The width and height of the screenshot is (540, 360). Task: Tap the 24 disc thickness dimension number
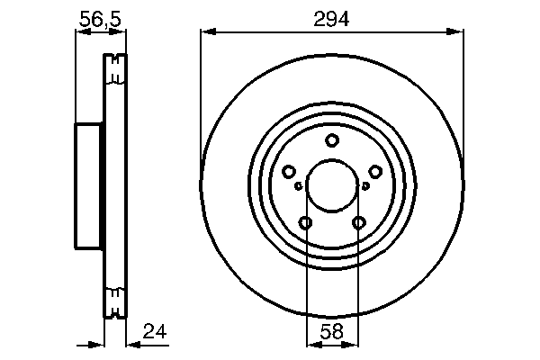click(x=155, y=332)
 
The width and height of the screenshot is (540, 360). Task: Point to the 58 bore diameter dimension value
click(x=332, y=332)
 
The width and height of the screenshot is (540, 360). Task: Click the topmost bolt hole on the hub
click(x=332, y=139)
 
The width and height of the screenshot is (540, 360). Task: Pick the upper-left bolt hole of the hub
click(x=289, y=172)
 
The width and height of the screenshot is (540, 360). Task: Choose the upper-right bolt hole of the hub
click(x=375, y=172)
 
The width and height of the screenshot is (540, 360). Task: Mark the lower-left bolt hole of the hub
click(x=306, y=223)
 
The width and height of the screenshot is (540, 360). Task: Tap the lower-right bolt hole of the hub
click(x=359, y=223)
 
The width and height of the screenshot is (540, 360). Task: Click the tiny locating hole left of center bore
click(x=298, y=186)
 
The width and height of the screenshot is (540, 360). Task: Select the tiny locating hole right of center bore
click(x=365, y=186)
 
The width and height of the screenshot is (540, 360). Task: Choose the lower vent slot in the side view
click(x=113, y=301)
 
